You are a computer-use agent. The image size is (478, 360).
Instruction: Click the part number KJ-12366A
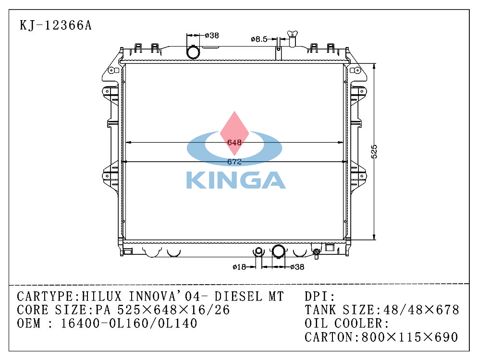[55, 25]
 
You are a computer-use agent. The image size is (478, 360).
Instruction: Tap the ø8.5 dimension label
[259, 39]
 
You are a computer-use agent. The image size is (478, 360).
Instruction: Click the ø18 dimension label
[239, 267]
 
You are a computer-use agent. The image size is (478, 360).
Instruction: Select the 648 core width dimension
[234, 142]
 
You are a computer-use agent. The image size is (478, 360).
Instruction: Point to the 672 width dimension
[234, 162]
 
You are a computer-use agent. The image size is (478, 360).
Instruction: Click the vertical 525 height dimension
[374, 151]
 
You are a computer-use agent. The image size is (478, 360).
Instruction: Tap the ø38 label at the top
[212, 36]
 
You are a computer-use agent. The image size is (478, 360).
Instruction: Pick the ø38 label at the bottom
[297, 267]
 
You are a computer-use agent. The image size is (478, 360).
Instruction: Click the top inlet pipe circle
[193, 52]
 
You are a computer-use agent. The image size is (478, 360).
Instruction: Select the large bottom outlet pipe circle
[278, 251]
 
